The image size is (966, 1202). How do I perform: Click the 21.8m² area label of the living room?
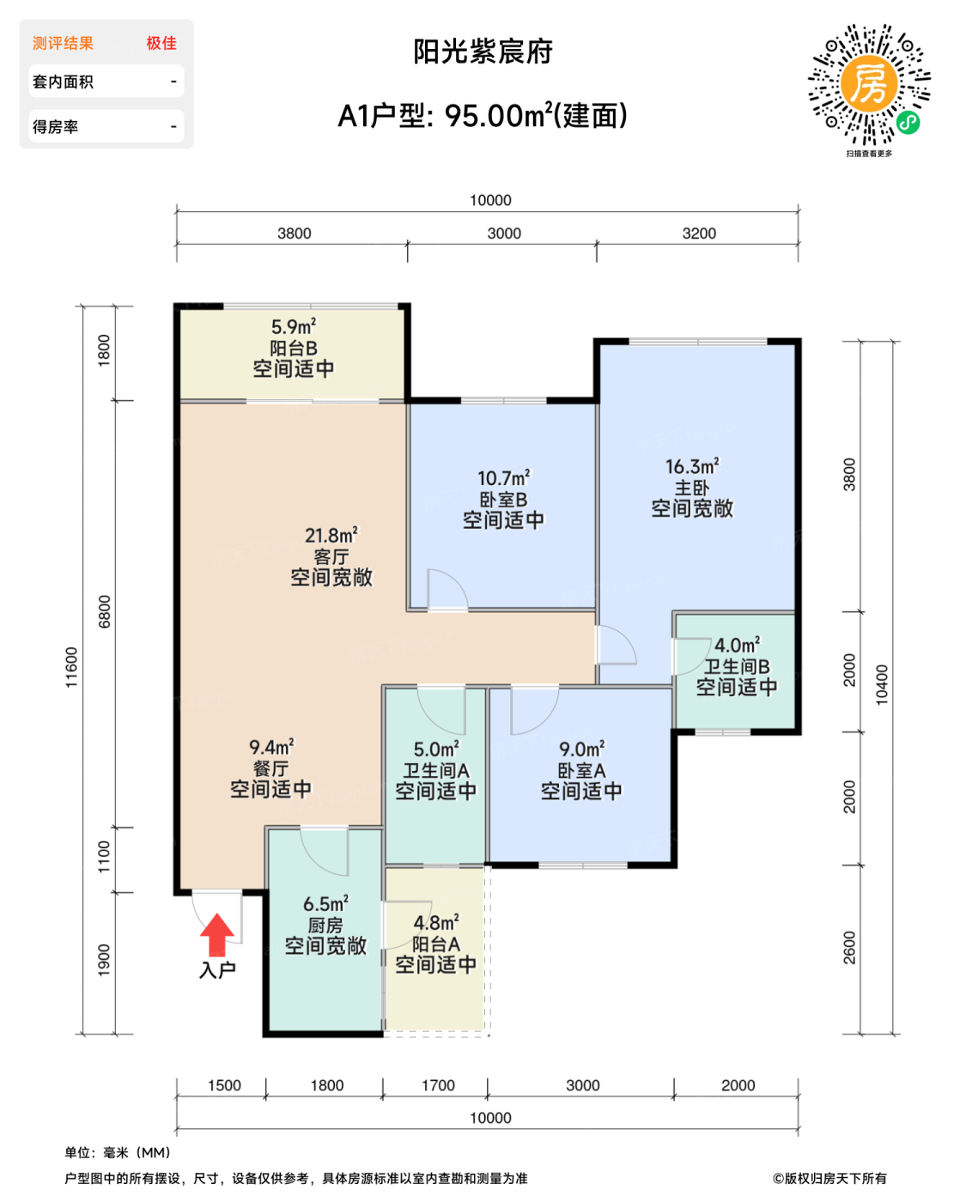pyautogui.click(x=331, y=536)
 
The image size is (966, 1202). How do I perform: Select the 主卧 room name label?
pyautogui.click(x=692, y=488)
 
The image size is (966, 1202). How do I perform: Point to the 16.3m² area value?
pyautogui.click(x=692, y=466)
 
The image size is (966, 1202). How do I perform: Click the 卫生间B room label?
pyautogui.click(x=737, y=665)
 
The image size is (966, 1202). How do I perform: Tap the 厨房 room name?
pyautogui.click(x=325, y=925)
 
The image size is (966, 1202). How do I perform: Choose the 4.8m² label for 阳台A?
pyautogui.click(x=436, y=923)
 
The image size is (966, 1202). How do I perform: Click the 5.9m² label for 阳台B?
pyautogui.click(x=294, y=327)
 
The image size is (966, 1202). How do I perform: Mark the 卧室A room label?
pyautogui.click(x=581, y=770)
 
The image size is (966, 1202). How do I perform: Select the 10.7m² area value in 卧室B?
pyautogui.click(x=503, y=478)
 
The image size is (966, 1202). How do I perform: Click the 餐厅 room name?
pyautogui.click(x=271, y=768)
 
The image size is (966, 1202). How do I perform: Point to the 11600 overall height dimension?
pyautogui.click(x=71, y=667)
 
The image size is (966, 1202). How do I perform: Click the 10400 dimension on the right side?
pyautogui.click(x=882, y=685)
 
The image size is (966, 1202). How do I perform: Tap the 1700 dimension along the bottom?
pyautogui.click(x=438, y=1085)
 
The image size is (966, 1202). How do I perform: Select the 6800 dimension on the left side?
pyautogui.click(x=105, y=611)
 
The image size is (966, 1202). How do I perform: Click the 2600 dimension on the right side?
pyautogui.click(x=849, y=948)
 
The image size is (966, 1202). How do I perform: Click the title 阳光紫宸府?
pyautogui.click(x=483, y=52)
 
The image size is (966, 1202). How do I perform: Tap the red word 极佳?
pyautogui.click(x=161, y=43)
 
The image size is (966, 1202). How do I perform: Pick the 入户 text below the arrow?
pyautogui.click(x=217, y=970)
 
